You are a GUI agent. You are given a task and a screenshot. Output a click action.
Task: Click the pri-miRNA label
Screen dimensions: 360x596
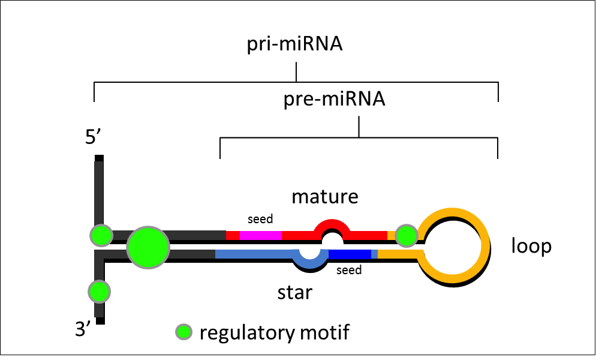(x=294, y=46)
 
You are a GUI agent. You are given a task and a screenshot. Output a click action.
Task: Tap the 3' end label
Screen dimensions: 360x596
(x=84, y=328)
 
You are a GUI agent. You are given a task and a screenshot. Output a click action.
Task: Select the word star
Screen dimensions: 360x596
(x=294, y=293)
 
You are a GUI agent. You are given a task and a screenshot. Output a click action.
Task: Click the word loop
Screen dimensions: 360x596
(x=531, y=245)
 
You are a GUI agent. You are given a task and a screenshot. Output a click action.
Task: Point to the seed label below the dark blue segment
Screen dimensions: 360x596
(x=349, y=271)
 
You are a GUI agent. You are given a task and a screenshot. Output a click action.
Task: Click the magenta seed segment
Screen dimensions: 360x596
(x=260, y=235)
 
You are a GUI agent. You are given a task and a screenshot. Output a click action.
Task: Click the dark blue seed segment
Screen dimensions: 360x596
(x=350, y=254)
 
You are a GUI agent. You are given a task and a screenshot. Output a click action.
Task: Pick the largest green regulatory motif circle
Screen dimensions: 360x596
(x=148, y=247)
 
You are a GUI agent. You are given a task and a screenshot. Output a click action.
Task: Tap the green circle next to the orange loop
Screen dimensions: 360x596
(x=407, y=236)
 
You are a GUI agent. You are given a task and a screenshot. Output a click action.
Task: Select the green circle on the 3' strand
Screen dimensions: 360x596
(x=100, y=292)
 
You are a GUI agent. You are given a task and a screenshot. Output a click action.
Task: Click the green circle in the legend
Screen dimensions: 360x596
(x=183, y=331)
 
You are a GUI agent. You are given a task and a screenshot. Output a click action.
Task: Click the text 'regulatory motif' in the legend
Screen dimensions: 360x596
(x=274, y=332)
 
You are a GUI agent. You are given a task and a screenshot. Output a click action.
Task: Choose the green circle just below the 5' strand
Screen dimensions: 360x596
(x=101, y=235)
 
